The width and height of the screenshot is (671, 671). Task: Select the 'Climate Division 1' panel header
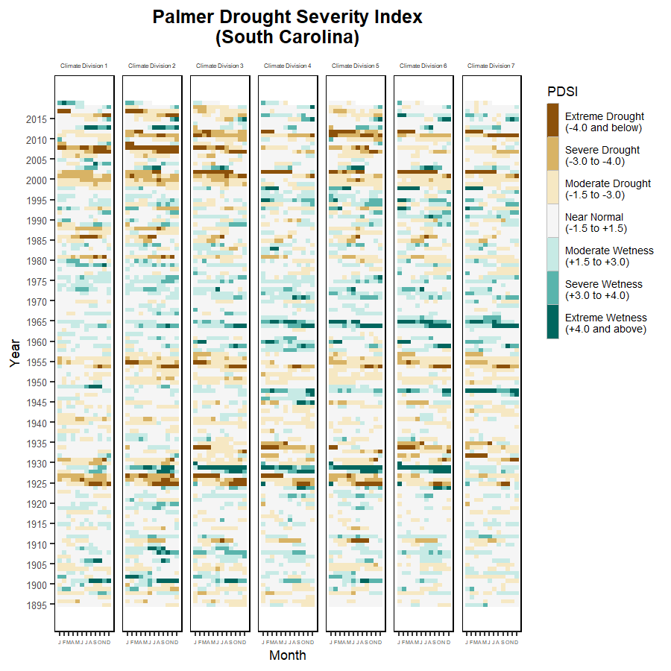pos(84,66)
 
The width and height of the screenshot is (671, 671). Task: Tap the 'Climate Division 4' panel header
pos(288,66)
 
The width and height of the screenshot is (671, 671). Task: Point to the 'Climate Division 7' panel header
pos(491,66)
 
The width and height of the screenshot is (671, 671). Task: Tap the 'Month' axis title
pos(287,656)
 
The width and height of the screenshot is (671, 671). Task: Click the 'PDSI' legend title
pos(562,92)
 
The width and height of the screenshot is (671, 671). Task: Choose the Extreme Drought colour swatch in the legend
pos(552,121)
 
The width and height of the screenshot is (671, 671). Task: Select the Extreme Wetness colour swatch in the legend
pos(552,322)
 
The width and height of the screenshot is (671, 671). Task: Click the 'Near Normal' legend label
pos(594,217)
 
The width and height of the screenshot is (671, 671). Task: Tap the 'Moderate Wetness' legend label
pos(609,251)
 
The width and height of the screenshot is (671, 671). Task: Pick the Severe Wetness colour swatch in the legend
pos(552,289)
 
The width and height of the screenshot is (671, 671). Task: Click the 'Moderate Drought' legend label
pos(608,183)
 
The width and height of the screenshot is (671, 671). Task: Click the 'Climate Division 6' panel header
pos(423,66)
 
